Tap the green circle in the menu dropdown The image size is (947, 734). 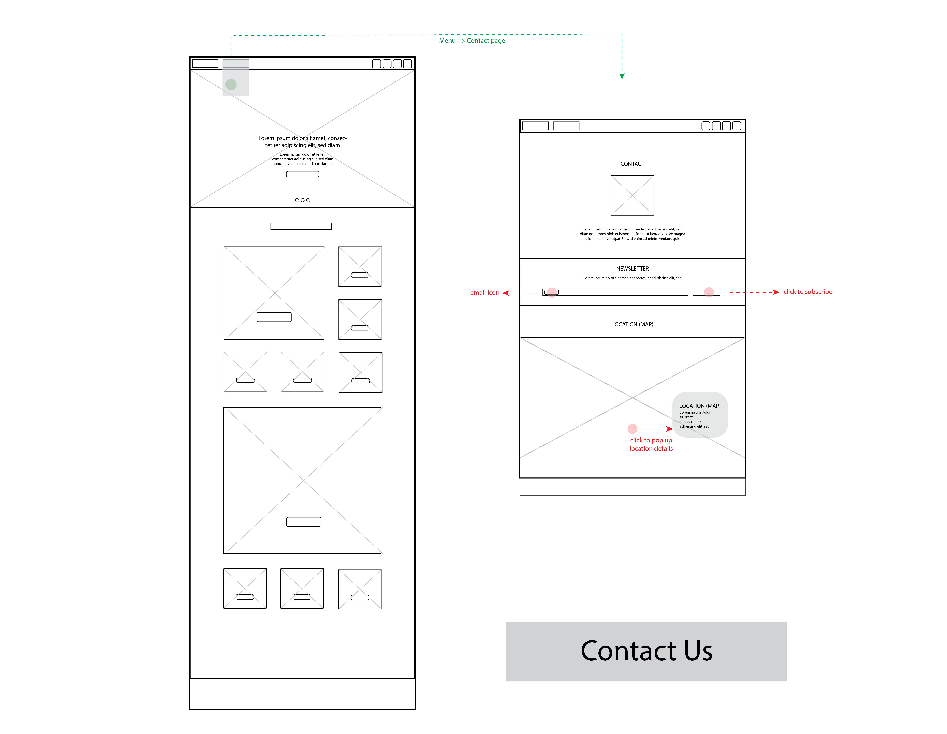pos(231,85)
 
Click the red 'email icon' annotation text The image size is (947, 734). pos(485,293)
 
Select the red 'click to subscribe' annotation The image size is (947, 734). pos(808,292)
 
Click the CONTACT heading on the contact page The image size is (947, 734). pos(632,164)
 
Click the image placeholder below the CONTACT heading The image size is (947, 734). pos(632,195)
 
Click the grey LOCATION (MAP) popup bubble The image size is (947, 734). pos(700,415)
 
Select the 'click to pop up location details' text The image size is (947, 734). pos(651,444)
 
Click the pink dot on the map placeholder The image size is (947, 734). pos(633,429)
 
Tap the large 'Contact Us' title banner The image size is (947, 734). pos(646,652)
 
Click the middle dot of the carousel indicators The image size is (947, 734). pos(303,200)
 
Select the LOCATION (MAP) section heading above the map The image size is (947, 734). pos(632,325)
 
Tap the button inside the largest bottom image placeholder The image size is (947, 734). pos(304,522)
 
